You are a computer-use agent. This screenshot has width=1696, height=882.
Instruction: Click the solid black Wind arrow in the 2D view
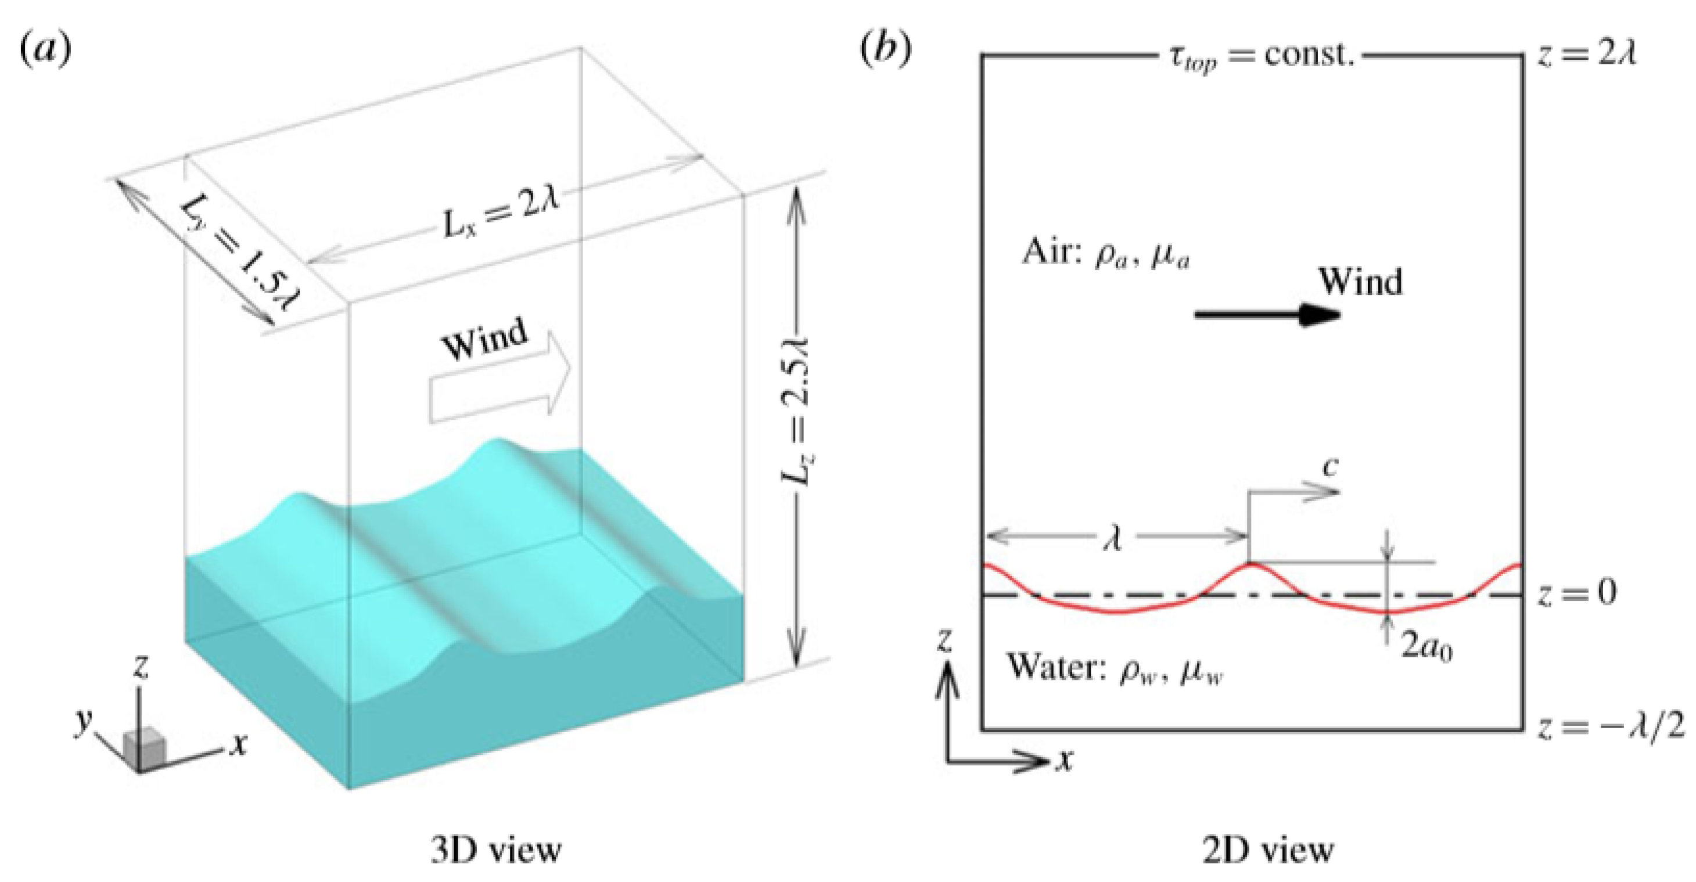pos(1267,315)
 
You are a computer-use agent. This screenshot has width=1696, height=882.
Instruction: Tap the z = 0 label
pos(1577,593)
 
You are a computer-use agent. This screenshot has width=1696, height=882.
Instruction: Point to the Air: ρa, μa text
pos(1105,253)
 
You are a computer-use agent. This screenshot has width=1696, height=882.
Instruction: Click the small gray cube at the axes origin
pos(143,747)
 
